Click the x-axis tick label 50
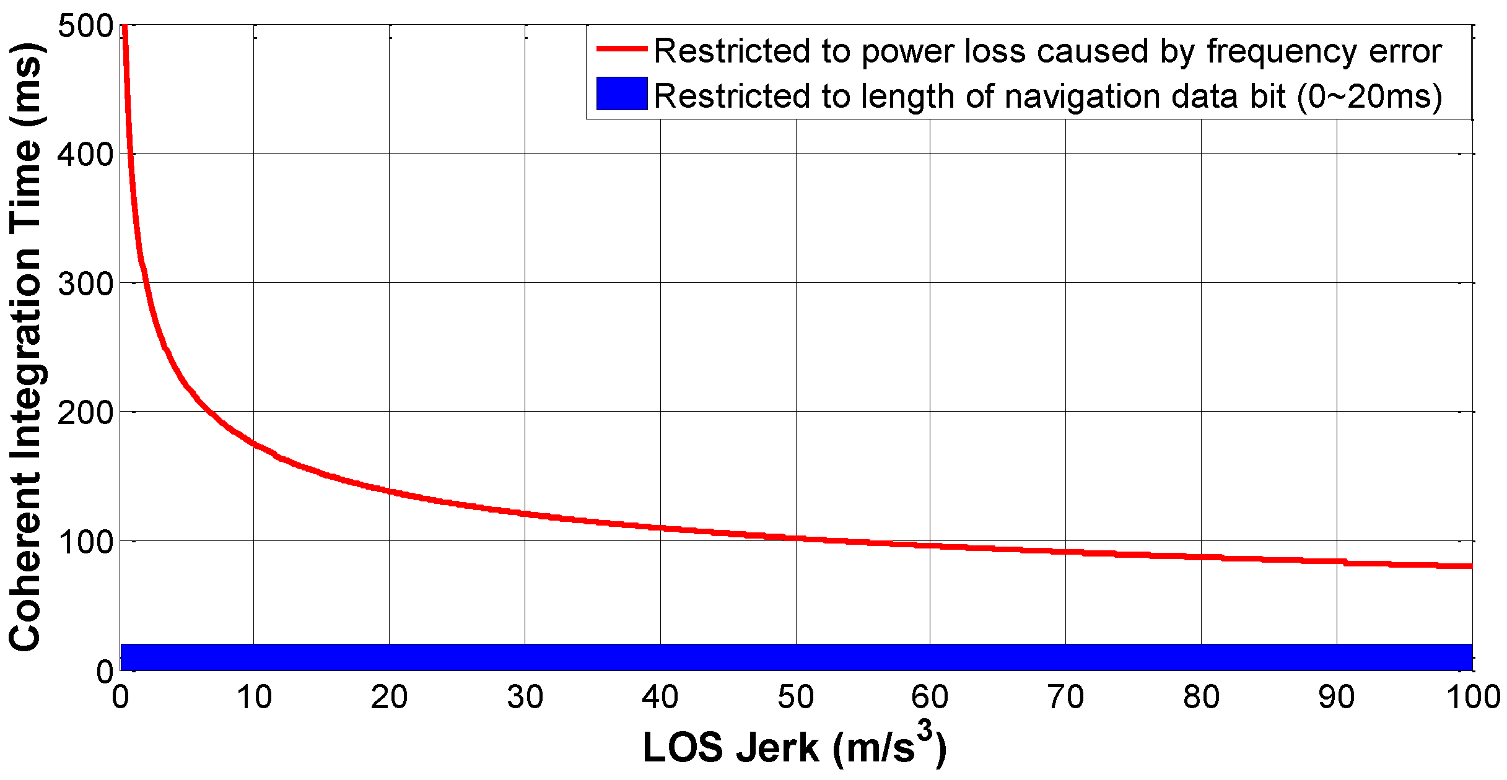coord(795,698)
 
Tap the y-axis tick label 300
coord(85,284)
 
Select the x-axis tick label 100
coord(1472,698)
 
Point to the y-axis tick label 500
coord(85,26)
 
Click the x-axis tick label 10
coord(254,698)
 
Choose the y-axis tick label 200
coord(85,413)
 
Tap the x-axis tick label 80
coord(1201,698)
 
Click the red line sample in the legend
coord(621,49)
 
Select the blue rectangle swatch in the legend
coord(621,93)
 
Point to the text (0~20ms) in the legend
coord(1369,97)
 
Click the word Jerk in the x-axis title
coord(777,748)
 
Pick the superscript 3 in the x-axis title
coord(924,732)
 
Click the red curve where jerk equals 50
coord(796,538)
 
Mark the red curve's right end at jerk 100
coord(1470,566)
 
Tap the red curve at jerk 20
coord(389,492)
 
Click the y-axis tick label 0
coord(104,672)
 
